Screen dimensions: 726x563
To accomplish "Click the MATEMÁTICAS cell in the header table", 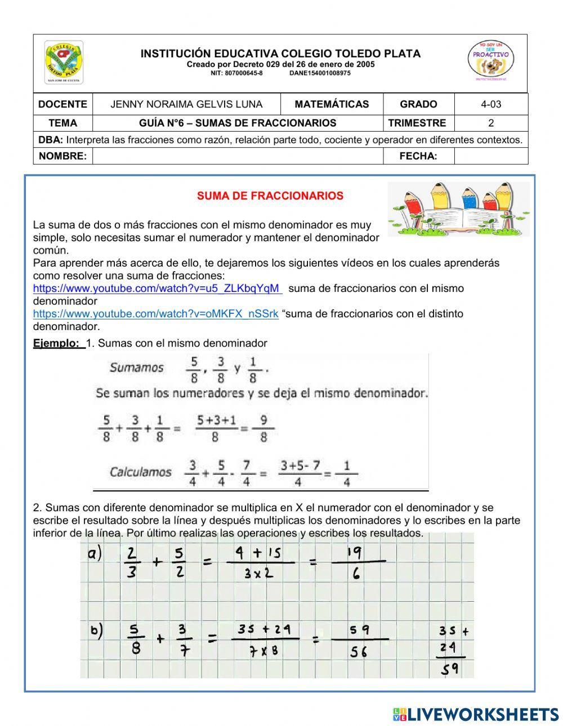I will (332, 104).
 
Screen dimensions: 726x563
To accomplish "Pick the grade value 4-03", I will (490, 104).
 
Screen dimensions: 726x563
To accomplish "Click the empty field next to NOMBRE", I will (237, 156).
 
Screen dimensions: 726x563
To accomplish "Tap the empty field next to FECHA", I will (490, 156).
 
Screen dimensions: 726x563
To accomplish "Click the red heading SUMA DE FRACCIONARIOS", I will (270, 196).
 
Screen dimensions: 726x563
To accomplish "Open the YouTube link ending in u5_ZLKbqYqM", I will (157, 288).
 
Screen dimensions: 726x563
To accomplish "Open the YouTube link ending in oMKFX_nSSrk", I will (155, 314).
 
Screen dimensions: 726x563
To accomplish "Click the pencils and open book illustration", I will (458, 208).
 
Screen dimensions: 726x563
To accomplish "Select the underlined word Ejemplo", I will (56, 343).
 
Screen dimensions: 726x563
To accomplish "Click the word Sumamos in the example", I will (136, 368).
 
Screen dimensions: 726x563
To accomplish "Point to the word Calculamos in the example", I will (140, 472).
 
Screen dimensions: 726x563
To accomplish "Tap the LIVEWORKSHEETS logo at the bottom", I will (476, 714).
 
